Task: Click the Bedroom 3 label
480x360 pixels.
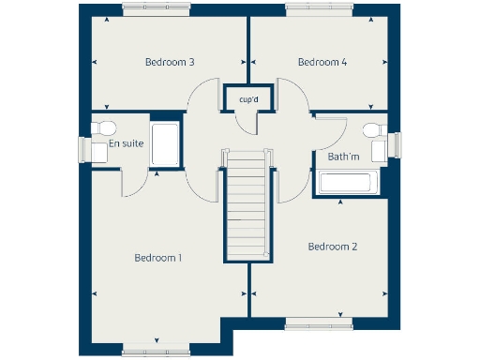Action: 169,63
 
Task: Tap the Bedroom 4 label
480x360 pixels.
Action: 322,63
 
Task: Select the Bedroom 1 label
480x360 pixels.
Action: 157,258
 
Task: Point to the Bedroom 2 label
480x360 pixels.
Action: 333,247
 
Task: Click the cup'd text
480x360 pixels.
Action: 248,99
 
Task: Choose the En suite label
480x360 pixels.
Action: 126,144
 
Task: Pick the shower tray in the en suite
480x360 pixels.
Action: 165,144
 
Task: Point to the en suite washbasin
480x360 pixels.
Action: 97,150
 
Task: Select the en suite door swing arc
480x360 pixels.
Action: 132,185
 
